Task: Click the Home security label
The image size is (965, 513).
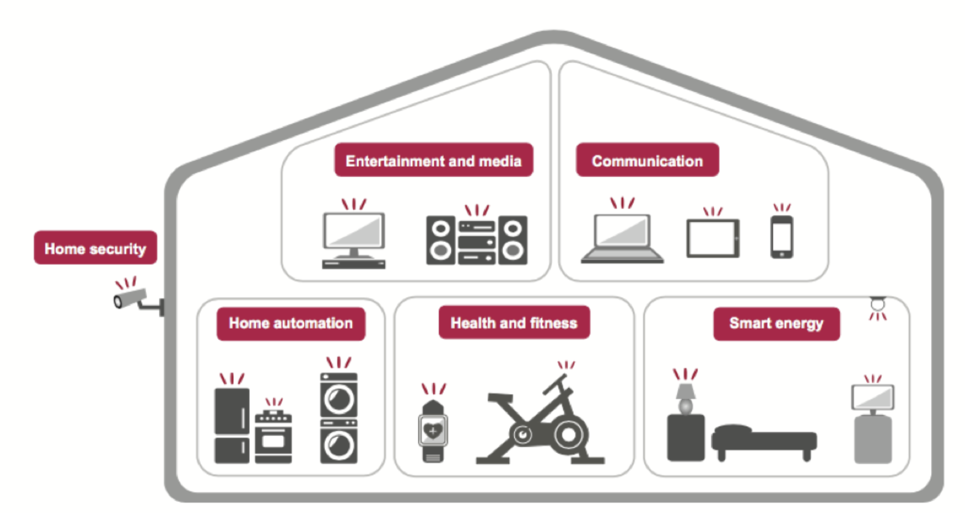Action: pyautogui.click(x=95, y=248)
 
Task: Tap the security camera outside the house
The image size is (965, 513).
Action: pyautogui.click(x=131, y=298)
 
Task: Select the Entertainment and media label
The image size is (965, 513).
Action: pyautogui.click(x=433, y=160)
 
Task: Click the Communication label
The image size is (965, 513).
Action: pyautogui.click(x=647, y=160)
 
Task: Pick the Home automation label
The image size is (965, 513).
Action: pyautogui.click(x=291, y=324)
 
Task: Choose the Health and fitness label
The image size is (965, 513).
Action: pyautogui.click(x=514, y=323)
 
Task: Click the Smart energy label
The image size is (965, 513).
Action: pyautogui.click(x=776, y=324)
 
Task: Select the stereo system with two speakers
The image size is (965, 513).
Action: pyautogui.click(x=476, y=241)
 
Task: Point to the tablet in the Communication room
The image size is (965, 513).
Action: pyautogui.click(x=713, y=239)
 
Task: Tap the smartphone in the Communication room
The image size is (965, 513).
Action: pyautogui.click(x=782, y=237)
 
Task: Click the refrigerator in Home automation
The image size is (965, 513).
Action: pyautogui.click(x=232, y=426)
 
